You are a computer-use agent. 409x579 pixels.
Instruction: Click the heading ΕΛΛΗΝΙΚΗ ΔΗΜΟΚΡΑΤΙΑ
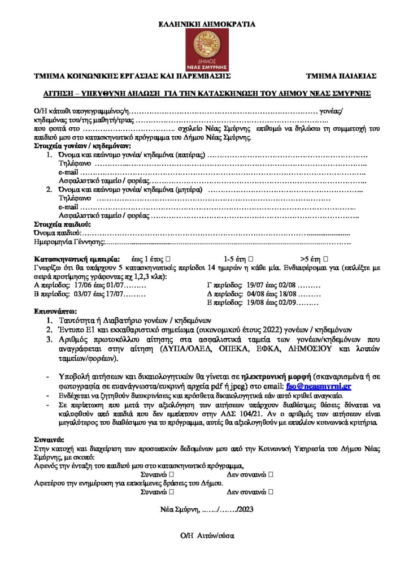pos(204,24)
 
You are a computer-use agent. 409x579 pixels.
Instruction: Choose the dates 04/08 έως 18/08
pos(272,295)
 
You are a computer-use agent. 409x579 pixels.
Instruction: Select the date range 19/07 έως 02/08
pos(272,286)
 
